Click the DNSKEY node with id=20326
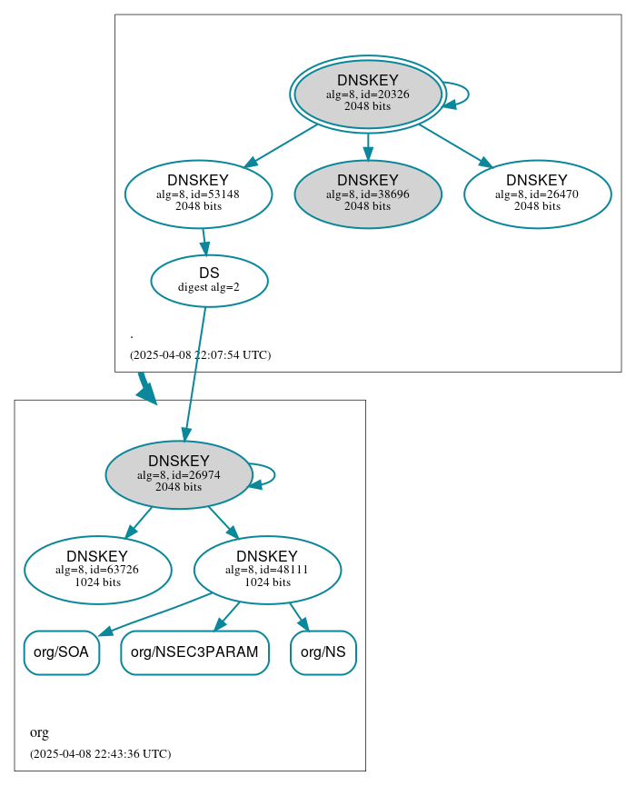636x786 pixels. (367, 94)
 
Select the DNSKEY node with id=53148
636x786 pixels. (198, 194)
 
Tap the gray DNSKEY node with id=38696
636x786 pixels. (367, 194)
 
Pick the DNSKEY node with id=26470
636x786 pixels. (537, 194)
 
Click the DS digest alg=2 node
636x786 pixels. (209, 280)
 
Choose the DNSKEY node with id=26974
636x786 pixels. (179, 474)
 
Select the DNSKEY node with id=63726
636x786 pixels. (97, 570)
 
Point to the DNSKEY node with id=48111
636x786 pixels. (267, 570)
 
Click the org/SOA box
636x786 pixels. (61, 652)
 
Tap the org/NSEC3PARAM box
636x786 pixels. (194, 652)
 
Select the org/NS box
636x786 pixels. (323, 652)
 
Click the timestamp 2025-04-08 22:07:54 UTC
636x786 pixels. (200, 355)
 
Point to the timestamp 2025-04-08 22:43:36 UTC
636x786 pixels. (100, 754)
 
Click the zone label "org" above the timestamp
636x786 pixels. (39, 732)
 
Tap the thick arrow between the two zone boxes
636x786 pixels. (144, 386)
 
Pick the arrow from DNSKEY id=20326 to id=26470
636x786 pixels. (454, 144)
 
